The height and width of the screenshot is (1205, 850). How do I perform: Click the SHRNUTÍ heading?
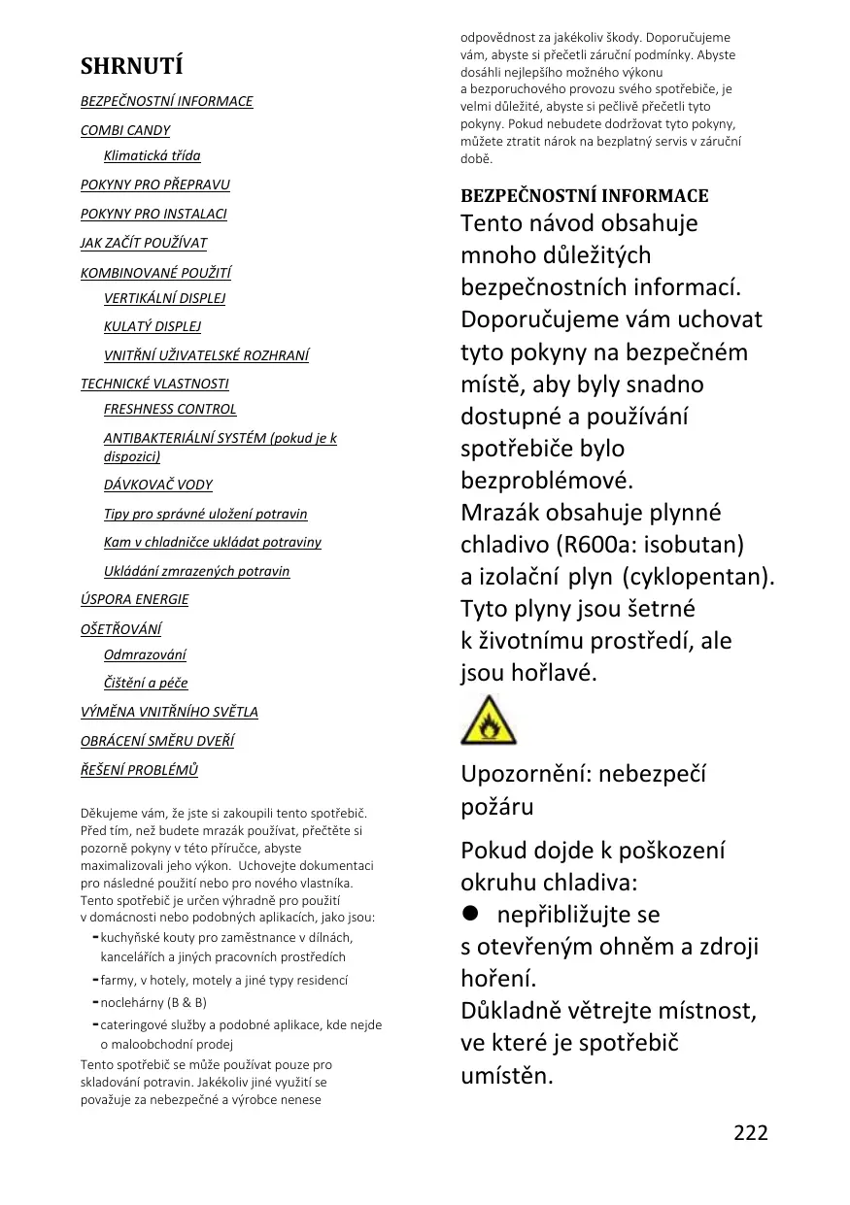click(x=131, y=66)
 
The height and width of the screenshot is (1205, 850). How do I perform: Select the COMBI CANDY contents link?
click(x=125, y=130)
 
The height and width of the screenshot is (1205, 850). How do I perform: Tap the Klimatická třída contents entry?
click(x=153, y=155)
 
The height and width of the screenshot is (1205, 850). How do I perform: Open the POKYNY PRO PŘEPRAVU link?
click(x=155, y=184)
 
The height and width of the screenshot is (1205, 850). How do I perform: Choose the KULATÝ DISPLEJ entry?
click(x=153, y=326)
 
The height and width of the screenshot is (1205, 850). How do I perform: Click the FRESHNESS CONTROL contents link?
click(x=170, y=409)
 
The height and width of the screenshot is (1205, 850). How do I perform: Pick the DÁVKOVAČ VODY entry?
click(x=158, y=485)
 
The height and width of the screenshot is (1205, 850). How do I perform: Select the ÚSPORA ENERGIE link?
click(x=134, y=599)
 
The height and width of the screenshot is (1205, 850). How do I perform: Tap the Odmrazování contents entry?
click(x=146, y=654)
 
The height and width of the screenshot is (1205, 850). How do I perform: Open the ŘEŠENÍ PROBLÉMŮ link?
click(x=139, y=770)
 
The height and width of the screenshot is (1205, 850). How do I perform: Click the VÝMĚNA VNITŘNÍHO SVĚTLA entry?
click(x=169, y=712)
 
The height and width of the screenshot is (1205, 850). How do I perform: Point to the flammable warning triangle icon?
click(x=489, y=720)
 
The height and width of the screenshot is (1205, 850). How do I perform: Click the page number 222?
click(x=750, y=1132)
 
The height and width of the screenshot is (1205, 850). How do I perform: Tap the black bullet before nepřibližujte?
click(x=472, y=915)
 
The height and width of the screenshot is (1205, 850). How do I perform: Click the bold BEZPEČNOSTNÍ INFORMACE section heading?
click(x=584, y=195)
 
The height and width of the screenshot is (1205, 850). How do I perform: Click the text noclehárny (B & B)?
click(x=153, y=1002)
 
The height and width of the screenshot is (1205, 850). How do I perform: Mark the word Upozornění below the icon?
click(x=525, y=774)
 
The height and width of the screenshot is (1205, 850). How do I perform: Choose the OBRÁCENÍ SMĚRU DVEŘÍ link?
click(x=157, y=741)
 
